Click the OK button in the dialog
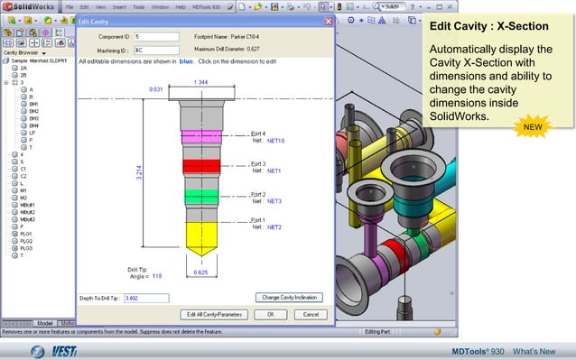click(264, 314)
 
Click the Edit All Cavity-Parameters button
click(215, 314)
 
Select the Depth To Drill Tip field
click(146, 297)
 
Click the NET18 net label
click(275, 142)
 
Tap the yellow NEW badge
click(533, 128)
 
